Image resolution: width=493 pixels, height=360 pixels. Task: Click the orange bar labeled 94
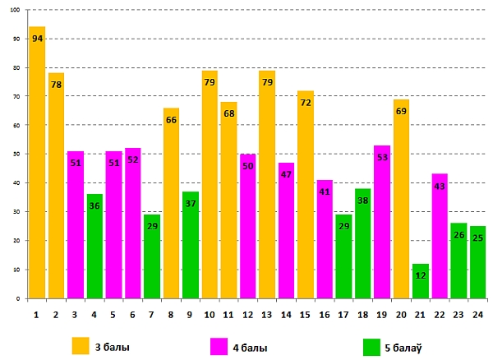click(37, 164)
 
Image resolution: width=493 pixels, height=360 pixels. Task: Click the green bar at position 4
click(94, 247)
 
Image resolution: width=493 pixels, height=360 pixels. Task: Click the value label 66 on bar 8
click(172, 120)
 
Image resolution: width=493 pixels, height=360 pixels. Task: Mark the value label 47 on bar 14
click(287, 175)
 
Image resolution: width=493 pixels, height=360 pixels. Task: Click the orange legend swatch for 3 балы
click(81, 346)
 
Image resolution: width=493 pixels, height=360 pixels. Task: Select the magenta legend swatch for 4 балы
click(219, 346)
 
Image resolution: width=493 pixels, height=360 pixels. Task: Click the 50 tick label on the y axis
click(16, 154)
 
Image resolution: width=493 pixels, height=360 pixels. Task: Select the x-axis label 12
click(248, 313)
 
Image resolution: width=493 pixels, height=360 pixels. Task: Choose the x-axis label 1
click(37, 313)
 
